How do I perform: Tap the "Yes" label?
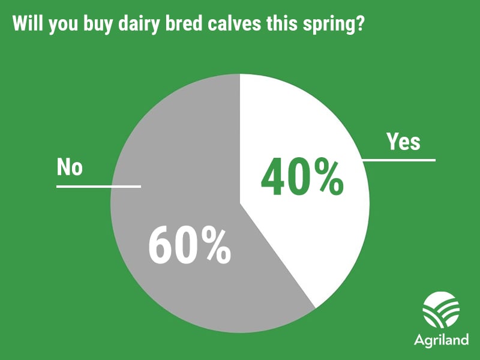point(403,142)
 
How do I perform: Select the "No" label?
point(70,167)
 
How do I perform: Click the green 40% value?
point(302,177)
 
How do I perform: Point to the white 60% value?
point(190,245)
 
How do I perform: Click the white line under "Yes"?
point(399,160)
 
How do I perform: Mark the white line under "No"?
point(98,187)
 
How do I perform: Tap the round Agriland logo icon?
point(441,310)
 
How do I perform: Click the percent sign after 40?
point(326,177)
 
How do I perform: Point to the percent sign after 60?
point(214,245)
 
